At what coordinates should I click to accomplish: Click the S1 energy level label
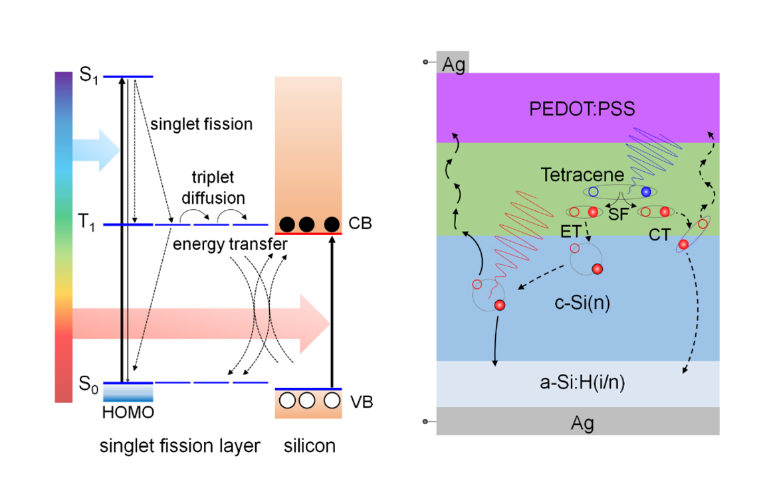tap(88, 75)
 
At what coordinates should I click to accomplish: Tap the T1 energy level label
tap(88, 225)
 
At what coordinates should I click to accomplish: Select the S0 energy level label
tap(88, 383)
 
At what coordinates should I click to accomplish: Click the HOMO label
tap(128, 413)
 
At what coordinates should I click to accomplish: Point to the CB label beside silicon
tap(360, 224)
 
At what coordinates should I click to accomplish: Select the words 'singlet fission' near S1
tap(201, 123)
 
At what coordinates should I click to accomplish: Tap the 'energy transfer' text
tap(230, 244)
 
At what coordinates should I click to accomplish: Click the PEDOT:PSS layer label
tap(577, 108)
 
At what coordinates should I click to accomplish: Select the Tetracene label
tap(582, 175)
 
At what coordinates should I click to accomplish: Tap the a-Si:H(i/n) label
tap(577, 384)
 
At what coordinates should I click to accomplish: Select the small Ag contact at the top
tap(453, 63)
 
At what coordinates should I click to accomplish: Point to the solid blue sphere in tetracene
tap(645, 192)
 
